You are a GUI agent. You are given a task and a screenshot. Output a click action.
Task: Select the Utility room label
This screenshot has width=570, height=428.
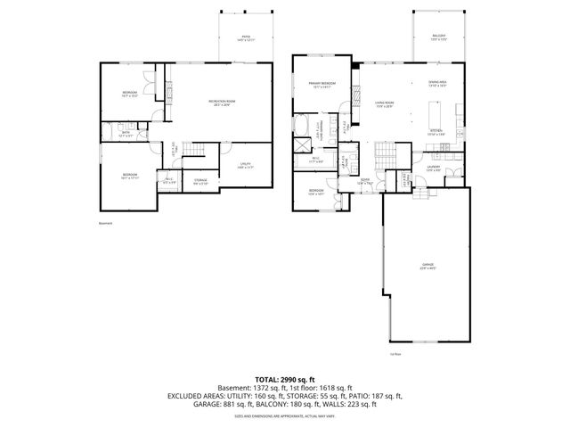[x=246, y=165]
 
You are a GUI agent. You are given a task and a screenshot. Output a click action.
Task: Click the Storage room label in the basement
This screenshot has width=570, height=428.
[x=200, y=182]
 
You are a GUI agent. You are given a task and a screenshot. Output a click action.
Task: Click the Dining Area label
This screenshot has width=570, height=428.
[x=436, y=83]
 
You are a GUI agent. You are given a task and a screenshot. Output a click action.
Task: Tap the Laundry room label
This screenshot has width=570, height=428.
[x=434, y=168]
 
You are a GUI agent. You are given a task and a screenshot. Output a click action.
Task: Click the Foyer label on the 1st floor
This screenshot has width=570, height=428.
[x=364, y=182]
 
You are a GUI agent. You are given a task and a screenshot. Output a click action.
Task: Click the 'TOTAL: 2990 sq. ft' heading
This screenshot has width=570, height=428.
[x=285, y=379]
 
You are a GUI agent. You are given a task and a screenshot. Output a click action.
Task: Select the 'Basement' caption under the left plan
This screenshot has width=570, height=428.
[x=105, y=224]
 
